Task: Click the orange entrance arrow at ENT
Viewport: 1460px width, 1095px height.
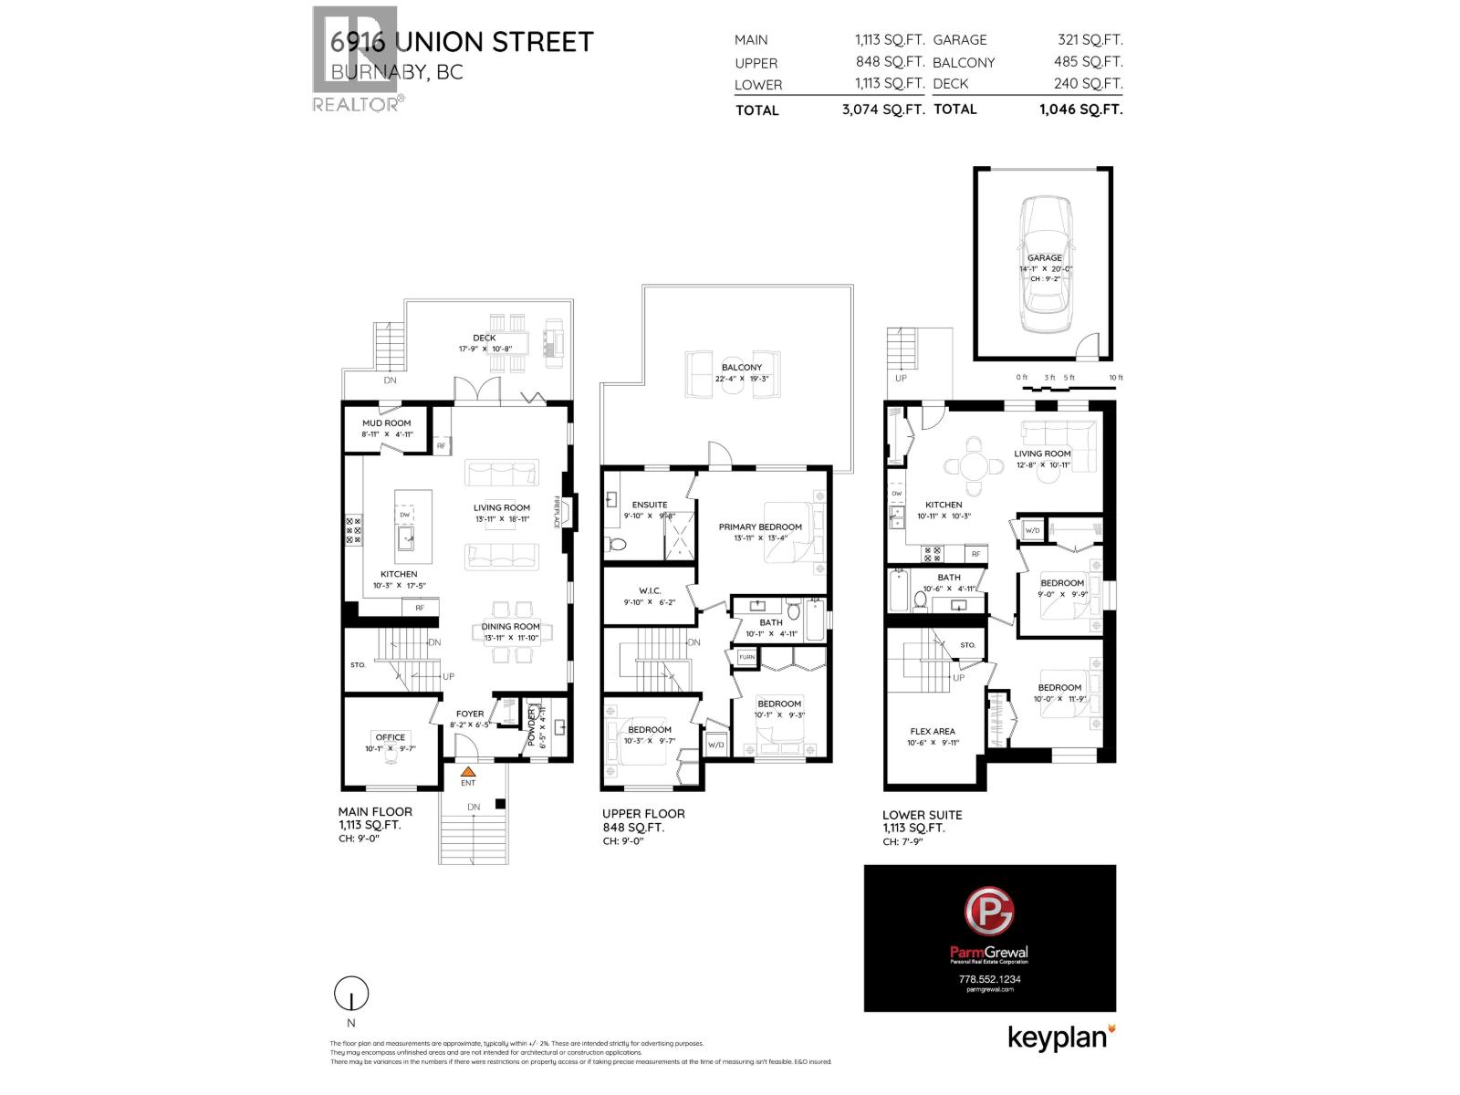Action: pyautogui.click(x=467, y=771)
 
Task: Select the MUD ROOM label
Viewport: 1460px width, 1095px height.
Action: pyautogui.click(x=386, y=423)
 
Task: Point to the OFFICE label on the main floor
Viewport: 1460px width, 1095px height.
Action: pyautogui.click(x=390, y=737)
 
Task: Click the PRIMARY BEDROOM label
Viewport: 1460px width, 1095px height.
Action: pyautogui.click(x=759, y=527)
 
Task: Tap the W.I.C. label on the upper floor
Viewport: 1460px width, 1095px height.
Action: pyautogui.click(x=649, y=590)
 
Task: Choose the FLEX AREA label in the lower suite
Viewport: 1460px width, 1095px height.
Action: pyautogui.click(x=933, y=731)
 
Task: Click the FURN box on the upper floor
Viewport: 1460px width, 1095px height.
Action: pyautogui.click(x=746, y=657)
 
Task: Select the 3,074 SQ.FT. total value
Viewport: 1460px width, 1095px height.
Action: pyautogui.click(x=882, y=109)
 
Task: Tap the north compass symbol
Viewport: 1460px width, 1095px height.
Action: pyautogui.click(x=351, y=994)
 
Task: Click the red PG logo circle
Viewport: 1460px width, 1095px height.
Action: pyautogui.click(x=989, y=912)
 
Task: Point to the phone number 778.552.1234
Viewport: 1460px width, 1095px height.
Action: pyautogui.click(x=989, y=979)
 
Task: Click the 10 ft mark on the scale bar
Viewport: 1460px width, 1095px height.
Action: pyautogui.click(x=1115, y=378)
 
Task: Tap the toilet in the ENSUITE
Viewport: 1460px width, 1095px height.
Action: pyautogui.click(x=616, y=546)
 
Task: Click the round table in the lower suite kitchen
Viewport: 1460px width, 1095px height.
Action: pyautogui.click(x=975, y=466)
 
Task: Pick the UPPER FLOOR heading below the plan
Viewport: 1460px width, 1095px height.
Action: pyautogui.click(x=642, y=813)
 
